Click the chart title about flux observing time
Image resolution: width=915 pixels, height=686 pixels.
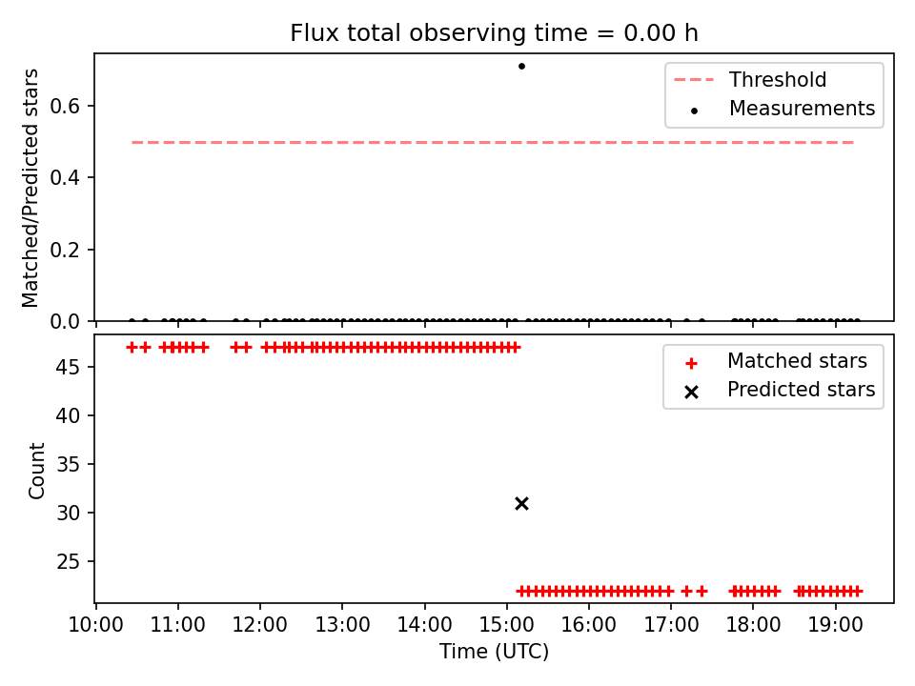click(x=495, y=32)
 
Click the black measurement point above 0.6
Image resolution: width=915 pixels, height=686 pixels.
click(x=521, y=66)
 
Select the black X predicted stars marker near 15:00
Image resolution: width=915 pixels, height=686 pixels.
click(x=521, y=503)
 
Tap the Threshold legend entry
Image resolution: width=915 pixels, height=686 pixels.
click(x=750, y=79)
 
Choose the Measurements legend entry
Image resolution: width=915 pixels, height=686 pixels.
click(x=782, y=109)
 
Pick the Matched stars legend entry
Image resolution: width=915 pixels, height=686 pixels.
click(x=776, y=361)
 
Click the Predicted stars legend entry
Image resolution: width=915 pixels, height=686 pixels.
click(x=780, y=390)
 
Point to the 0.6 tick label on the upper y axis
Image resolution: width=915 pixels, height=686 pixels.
click(x=65, y=106)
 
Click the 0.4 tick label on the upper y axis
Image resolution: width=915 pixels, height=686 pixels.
click(x=65, y=177)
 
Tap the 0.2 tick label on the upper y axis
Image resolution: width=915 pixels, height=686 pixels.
click(x=65, y=250)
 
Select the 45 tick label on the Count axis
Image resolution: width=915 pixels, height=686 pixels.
click(x=69, y=367)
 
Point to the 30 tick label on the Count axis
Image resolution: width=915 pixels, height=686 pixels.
click(x=69, y=513)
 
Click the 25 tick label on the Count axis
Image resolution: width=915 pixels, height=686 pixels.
click(x=69, y=561)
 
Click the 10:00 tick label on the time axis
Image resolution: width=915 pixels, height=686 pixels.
click(x=95, y=625)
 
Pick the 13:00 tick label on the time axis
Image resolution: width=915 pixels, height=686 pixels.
click(x=342, y=625)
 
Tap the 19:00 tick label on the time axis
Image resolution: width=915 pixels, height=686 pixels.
click(x=836, y=625)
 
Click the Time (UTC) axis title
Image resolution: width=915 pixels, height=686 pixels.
click(x=495, y=652)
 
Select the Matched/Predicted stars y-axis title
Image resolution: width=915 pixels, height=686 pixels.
click(x=30, y=188)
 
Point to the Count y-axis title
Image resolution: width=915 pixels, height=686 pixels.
click(x=36, y=471)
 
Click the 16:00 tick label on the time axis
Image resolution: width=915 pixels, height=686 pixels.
click(x=589, y=625)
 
